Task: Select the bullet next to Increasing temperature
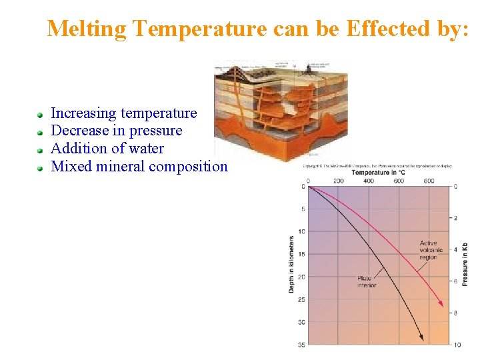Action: [41, 115]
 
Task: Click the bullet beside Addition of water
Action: [41, 149]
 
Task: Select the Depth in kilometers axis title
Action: [291, 264]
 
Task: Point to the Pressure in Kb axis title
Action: [465, 264]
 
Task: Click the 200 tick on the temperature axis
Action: [338, 181]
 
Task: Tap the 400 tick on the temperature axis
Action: [368, 181]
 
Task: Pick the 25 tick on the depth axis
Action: [302, 299]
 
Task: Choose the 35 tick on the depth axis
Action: [302, 345]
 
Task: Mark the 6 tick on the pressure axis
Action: [456, 281]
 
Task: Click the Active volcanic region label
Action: [431, 250]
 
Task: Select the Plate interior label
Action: [367, 281]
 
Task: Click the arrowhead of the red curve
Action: [440, 304]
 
